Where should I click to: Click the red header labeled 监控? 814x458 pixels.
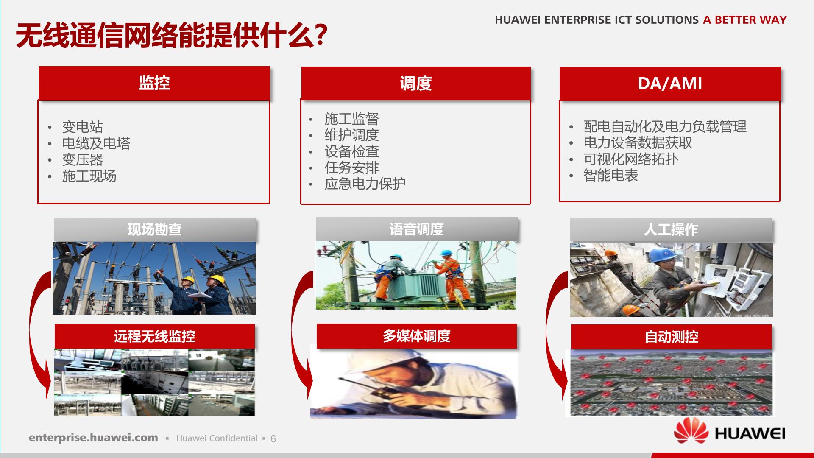pos(154,83)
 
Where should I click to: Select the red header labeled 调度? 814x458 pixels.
pos(416,84)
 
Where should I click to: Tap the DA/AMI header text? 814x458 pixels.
pos(670,84)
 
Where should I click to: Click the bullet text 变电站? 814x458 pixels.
pos(83,127)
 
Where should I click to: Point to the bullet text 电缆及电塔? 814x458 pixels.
pos(96,143)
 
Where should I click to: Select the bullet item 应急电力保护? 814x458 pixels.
pos(365,184)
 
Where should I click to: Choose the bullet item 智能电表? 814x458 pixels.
pos(610,175)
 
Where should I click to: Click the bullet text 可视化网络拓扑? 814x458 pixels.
pos(631,159)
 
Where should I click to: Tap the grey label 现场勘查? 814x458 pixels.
pos(155,229)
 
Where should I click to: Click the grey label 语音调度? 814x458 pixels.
pos(416,229)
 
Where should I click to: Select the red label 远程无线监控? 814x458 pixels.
pos(155,336)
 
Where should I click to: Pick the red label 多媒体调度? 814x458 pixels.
pos(416,336)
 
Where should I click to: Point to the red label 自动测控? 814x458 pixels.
pos(671,337)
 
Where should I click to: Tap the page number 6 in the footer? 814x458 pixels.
pos(273,438)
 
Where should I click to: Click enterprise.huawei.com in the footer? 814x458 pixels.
pos(93,438)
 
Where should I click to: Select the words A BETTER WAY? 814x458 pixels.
pos(744,20)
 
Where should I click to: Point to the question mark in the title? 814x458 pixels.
pos(321,35)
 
